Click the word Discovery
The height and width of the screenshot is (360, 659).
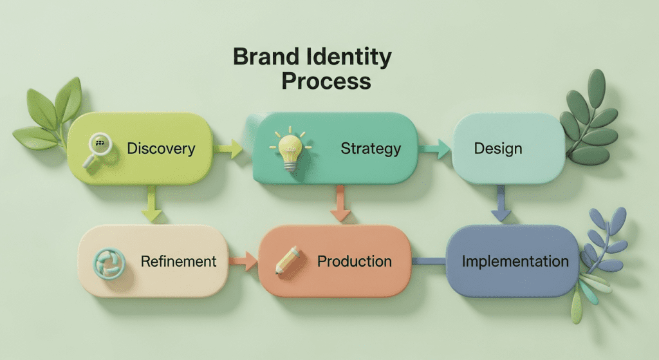(161, 149)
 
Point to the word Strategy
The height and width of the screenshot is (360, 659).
(371, 149)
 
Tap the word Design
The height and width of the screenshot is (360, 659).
(497, 149)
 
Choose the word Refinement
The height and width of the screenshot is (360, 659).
(178, 261)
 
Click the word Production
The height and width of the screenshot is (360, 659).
(354, 261)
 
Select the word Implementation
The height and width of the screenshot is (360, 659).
(515, 261)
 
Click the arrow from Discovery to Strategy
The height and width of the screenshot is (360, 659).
(228, 151)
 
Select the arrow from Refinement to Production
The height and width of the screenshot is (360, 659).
(243, 261)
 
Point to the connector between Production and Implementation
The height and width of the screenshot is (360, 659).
(429, 261)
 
